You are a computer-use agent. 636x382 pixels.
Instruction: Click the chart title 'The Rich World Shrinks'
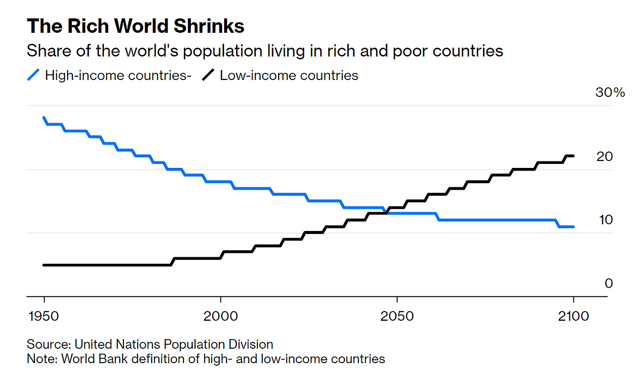(135, 26)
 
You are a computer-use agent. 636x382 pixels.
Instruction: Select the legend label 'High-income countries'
(117, 76)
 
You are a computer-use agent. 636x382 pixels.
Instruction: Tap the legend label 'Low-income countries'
(289, 76)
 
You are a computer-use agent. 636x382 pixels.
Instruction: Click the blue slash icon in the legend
(33, 76)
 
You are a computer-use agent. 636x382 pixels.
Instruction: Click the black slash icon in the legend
(208, 76)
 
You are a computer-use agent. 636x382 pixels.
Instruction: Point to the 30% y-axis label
(610, 92)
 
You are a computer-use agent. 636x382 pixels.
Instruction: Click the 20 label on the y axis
(604, 156)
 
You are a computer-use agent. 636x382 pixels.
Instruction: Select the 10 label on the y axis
(604, 220)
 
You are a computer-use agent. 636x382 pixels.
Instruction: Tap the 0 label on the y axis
(608, 283)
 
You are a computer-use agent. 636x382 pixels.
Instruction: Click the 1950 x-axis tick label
(44, 316)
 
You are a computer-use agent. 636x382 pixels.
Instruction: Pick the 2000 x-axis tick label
(220, 316)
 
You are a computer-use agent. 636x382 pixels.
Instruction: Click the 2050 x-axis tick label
(397, 316)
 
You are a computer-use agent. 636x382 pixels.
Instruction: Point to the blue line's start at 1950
(44, 118)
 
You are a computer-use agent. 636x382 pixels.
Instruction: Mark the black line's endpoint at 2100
(573, 156)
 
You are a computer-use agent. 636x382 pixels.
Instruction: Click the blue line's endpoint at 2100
(573, 227)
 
